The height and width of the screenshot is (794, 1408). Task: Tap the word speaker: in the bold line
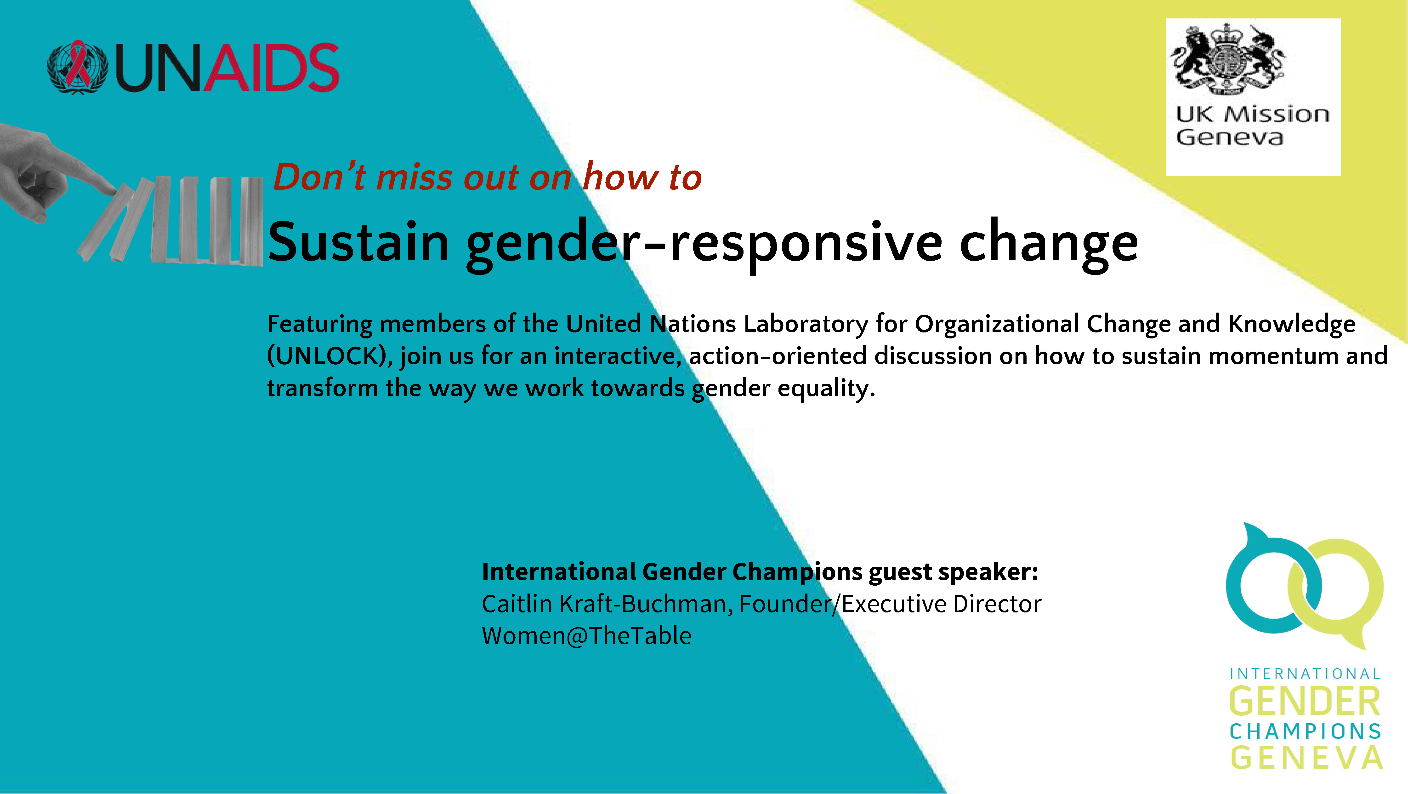click(x=988, y=572)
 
